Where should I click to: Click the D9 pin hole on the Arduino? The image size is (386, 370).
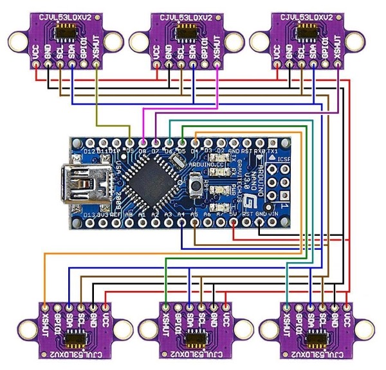coord(129,143)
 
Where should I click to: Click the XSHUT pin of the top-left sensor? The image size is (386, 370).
coord(96,65)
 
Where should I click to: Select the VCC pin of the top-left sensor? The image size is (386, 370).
coord(35,65)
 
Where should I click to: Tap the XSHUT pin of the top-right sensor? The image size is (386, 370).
coord(338,65)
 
